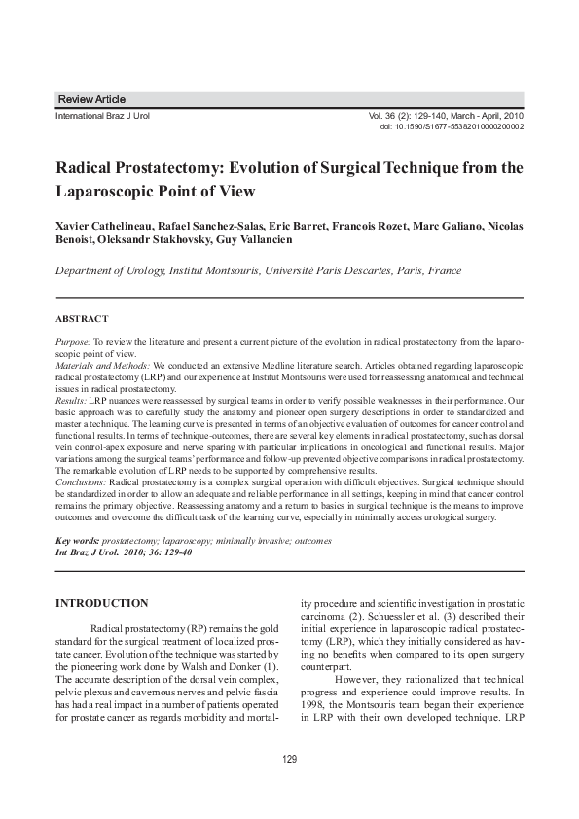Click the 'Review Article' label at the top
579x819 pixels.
coord(92,100)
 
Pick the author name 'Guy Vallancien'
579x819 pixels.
coord(265,239)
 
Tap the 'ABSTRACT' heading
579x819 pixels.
coord(82,318)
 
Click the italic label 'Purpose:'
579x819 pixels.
coord(73,344)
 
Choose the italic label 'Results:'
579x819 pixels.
coord(71,401)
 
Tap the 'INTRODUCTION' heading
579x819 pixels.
coord(102,604)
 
